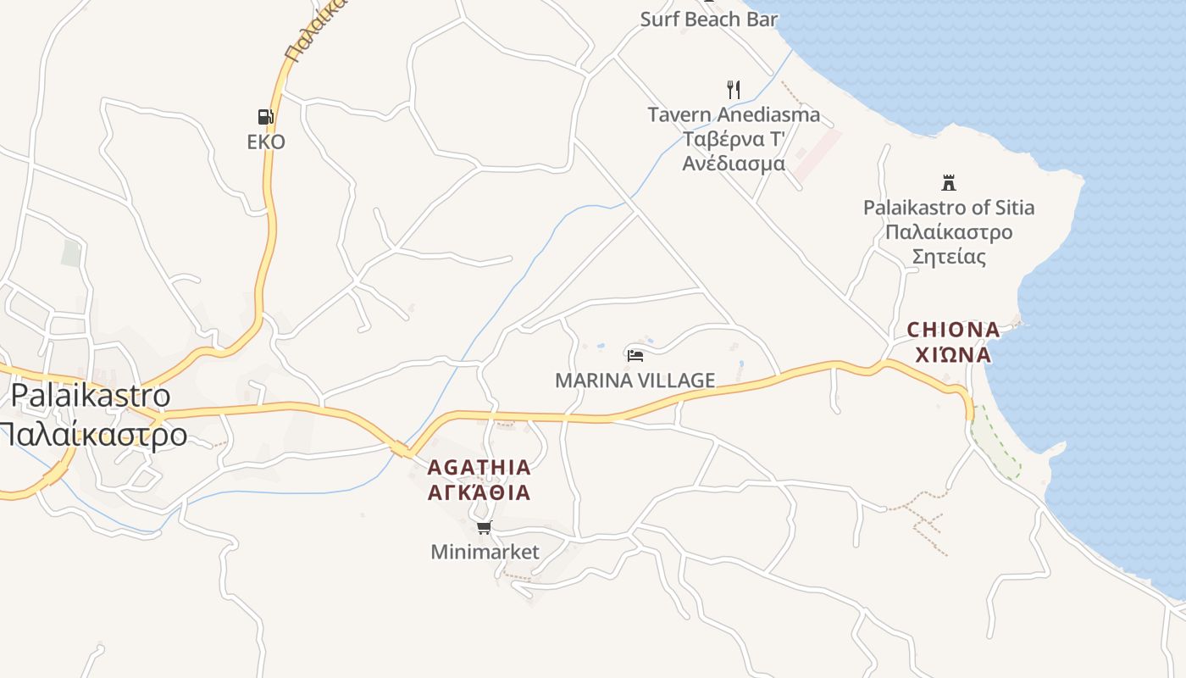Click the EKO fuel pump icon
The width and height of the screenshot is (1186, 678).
coord(266,117)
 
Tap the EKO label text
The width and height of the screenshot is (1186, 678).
coord(266,142)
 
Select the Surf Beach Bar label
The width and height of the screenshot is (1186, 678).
coord(708,19)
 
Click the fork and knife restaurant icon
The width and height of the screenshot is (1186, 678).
coord(734,89)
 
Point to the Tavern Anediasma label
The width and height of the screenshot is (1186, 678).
coord(734,114)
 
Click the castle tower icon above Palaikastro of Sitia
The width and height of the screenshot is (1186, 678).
coord(949,182)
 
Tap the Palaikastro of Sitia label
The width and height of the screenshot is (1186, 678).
coord(949,208)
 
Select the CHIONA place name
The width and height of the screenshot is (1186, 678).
coord(953,330)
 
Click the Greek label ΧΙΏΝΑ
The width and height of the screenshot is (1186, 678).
coord(953,354)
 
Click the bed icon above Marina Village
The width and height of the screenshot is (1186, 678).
coord(635,355)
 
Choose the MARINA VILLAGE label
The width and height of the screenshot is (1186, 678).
coord(635,381)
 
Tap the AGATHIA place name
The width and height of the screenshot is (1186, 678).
coord(479,467)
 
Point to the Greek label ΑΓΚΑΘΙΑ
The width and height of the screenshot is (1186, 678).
coord(479,492)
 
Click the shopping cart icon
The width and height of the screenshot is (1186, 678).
coord(484,528)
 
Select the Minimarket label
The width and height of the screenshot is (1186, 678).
coord(485,552)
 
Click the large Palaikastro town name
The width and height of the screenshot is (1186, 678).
coord(90,395)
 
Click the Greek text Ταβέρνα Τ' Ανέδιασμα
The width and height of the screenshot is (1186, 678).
coord(734,151)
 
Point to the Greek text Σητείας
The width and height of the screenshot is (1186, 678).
coord(949,256)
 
